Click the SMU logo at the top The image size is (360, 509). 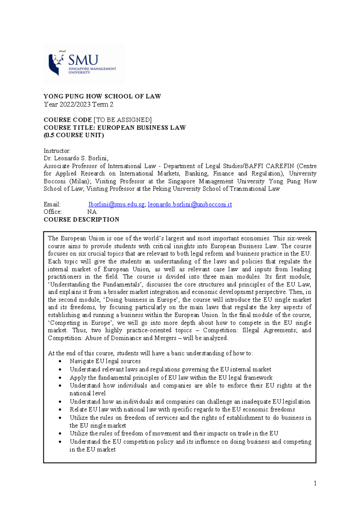click(84, 64)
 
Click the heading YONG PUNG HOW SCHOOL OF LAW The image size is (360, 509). click(102, 96)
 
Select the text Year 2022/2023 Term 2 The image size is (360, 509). click(79, 104)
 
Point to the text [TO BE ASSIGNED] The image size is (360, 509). click(122, 120)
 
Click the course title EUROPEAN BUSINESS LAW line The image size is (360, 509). click(115, 128)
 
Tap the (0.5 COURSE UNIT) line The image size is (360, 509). click(74, 135)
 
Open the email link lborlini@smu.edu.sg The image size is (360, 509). click(116, 204)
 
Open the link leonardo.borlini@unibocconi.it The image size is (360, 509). click(190, 204)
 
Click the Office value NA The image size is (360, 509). click(92, 212)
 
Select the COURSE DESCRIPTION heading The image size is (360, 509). click(81, 220)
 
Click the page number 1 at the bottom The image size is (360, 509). click(315, 483)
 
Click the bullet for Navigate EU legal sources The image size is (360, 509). click(60, 362)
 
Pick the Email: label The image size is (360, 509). click(52, 204)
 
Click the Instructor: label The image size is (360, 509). click(57, 151)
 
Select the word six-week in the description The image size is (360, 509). click(299, 239)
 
